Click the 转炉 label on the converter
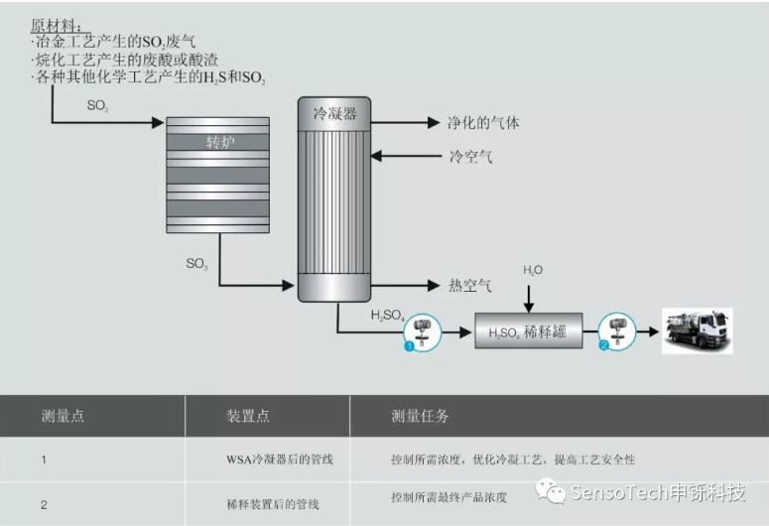220,142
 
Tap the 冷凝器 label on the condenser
335,114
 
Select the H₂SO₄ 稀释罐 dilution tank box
529,330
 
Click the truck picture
697,330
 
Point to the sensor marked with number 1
422,332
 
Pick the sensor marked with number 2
616,331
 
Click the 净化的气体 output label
483,123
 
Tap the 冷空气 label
470,157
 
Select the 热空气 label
470,285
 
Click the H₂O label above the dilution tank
533,270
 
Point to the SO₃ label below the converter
196,264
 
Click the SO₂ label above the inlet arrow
97,105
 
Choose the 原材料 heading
57,26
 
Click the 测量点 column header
63,416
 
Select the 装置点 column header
248,416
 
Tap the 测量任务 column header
420,416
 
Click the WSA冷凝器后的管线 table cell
280,460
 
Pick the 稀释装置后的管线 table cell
273,504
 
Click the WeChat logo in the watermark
551,491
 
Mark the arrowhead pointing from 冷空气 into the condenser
376,156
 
